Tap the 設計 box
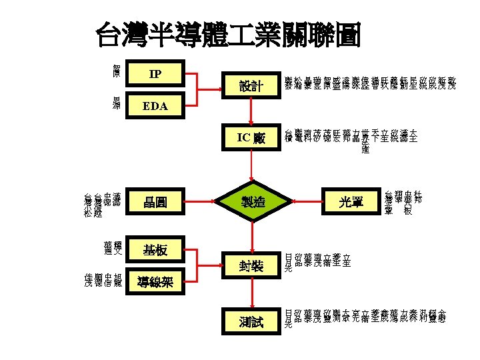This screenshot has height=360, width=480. point(251,86)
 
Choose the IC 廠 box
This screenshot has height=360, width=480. point(251,139)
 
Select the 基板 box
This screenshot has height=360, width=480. point(155,251)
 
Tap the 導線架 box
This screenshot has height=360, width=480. point(155,282)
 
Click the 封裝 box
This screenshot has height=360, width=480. point(251,267)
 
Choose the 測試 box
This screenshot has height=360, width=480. point(251,323)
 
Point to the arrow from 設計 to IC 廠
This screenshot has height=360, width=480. point(252,112)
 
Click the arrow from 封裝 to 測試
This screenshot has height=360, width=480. point(252,295)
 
